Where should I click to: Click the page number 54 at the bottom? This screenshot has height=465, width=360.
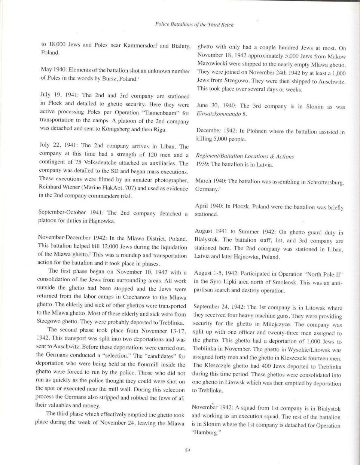click(188, 450)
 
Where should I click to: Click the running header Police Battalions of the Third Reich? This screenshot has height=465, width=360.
click(194, 25)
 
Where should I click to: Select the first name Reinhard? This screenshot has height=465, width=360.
click(51, 189)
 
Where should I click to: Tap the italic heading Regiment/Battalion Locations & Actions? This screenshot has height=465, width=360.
click(245, 156)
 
